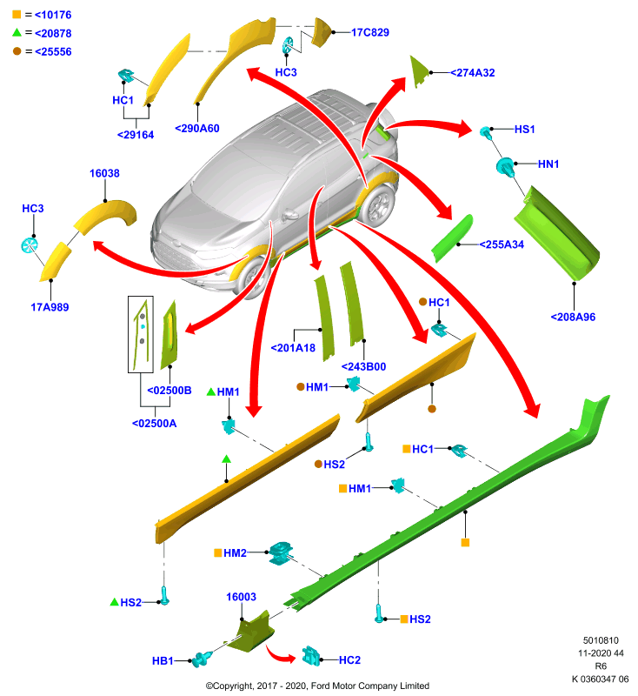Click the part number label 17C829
pyautogui.click(x=369, y=32)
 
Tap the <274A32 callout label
pyautogui.click(x=473, y=73)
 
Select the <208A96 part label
pyautogui.click(x=573, y=317)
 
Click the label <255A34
pyautogui.click(x=502, y=244)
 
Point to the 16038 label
pyautogui.click(x=104, y=173)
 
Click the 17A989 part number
pyautogui.click(x=50, y=307)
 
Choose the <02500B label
pyautogui.click(x=169, y=391)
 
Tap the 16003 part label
pyautogui.click(x=241, y=597)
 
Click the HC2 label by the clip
pyautogui.click(x=349, y=660)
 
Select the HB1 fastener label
pyautogui.click(x=163, y=661)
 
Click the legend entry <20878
pyautogui.click(x=53, y=33)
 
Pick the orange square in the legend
pyautogui.click(x=17, y=14)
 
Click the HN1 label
pyautogui.click(x=548, y=164)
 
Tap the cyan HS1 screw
pyautogui.click(x=487, y=132)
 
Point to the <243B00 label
pyautogui.click(x=363, y=366)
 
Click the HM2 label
pyautogui.click(x=235, y=553)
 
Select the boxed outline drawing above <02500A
pyautogui.click(x=141, y=334)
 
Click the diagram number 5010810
pyautogui.click(x=601, y=640)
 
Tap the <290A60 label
pyautogui.click(x=197, y=128)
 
